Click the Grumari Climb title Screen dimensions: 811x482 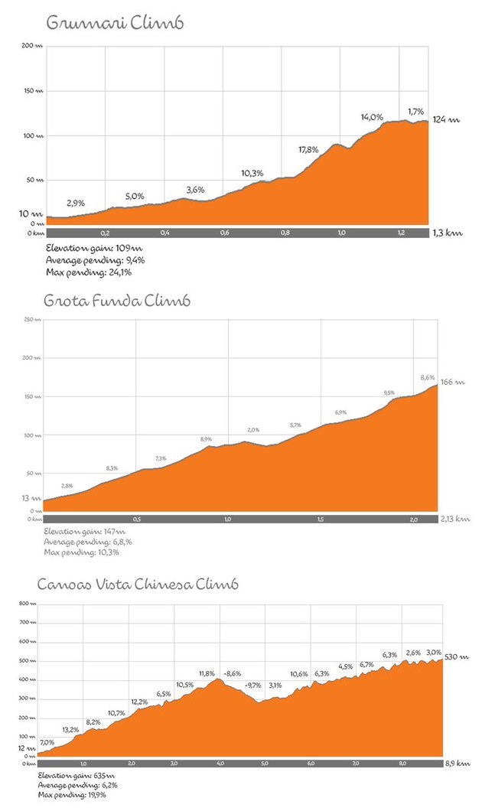[x=115, y=23]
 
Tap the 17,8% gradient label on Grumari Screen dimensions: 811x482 [x=308, y=150]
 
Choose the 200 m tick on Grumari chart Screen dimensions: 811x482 [x=32, y=47]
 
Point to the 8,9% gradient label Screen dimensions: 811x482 [x=206, y=439]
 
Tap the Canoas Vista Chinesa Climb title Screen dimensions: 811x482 [x=138, y=585]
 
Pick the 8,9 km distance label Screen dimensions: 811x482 [x=458, y=764]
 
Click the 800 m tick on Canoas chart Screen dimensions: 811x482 [x=28, y=604]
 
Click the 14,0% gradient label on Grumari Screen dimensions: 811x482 [x=372, y=117]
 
